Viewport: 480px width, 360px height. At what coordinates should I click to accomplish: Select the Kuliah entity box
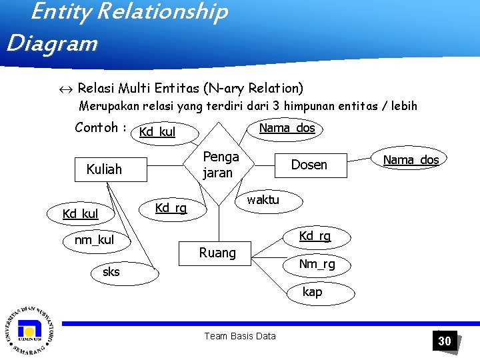tap(104, 169)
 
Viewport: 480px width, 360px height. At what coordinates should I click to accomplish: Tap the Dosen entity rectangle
tap(309, 165)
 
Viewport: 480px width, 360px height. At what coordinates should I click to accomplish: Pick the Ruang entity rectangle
tap(217, 253)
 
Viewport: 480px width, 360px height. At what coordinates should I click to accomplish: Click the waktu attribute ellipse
tap(263, 199)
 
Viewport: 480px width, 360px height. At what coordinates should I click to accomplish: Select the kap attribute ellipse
tap(312, 292)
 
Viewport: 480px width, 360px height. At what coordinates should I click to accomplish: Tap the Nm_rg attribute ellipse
tap(317, 265)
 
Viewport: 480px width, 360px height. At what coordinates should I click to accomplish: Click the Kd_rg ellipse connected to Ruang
tap(315, 236)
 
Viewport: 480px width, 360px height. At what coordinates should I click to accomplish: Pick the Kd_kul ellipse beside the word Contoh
tap(163, 132)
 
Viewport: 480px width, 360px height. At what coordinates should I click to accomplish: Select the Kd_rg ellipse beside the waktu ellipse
tap(171, 208)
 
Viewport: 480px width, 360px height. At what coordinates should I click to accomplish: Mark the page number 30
tap(444, 341)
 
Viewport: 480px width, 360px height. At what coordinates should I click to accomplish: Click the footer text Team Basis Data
tap(239, 336)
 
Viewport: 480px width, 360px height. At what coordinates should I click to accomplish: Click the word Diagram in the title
tap(52, 44)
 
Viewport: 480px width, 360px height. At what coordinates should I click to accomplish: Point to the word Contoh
tap(97, 127)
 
